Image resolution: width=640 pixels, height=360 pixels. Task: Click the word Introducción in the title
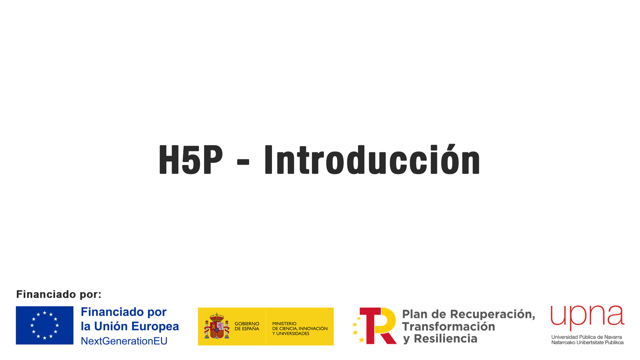[372, 159]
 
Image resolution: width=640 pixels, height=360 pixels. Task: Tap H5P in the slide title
[191, 160]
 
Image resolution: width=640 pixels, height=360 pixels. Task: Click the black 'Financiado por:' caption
[59, 294]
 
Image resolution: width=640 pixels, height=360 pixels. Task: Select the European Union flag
[45, 325]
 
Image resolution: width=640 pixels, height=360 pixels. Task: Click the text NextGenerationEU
[124, 341]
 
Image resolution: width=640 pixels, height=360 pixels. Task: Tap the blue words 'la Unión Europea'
[130, 326]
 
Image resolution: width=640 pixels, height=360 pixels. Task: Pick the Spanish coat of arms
[217, 326]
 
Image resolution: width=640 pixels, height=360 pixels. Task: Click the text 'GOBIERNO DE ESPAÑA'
[247, 326]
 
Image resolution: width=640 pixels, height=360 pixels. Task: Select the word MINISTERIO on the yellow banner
[284, 324]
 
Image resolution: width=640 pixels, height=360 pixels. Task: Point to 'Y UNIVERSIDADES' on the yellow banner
[291, 334]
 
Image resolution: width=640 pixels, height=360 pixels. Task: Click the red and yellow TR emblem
[374, 326]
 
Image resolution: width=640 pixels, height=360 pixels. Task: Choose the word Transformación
[448, 327]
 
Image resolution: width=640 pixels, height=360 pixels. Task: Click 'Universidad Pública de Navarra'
[587, 337]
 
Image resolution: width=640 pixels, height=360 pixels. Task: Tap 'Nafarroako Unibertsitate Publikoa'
[587, 342]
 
